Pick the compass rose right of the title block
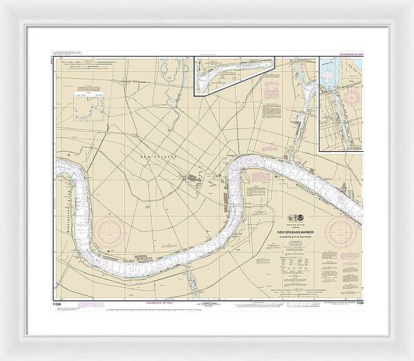(x=343, y=231)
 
